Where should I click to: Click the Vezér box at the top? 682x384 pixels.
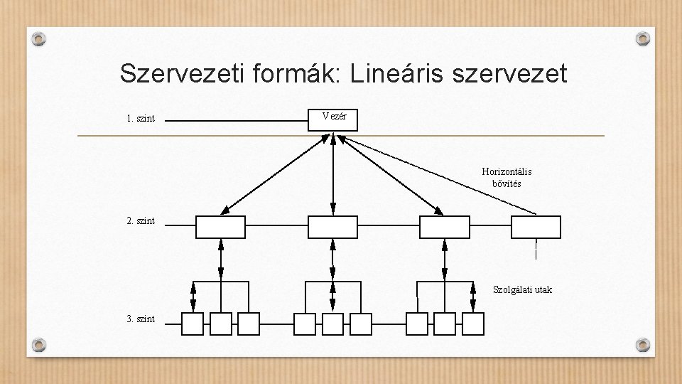tap(333, 119)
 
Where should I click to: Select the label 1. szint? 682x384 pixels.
tap(141, 119)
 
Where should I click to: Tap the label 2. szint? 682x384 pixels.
tap(141, 221)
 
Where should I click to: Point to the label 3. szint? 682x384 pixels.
tap(141, 319)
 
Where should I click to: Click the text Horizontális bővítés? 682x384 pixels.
tap(507, 178)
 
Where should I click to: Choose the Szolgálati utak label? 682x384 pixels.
tap(522, 289)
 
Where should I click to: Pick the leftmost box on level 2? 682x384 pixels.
tap(220, 227)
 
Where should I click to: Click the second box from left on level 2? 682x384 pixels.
tap(332, 227)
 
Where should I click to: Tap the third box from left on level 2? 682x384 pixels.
tap(445, 227)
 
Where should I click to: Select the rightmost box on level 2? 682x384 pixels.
tap(536, 227)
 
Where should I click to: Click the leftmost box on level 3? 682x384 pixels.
tap(193, 324)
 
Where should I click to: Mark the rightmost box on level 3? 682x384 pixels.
tap(472, 324)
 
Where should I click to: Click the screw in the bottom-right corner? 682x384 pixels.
tap(642, 345)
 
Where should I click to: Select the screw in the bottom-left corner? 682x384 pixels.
tap(40, 345)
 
